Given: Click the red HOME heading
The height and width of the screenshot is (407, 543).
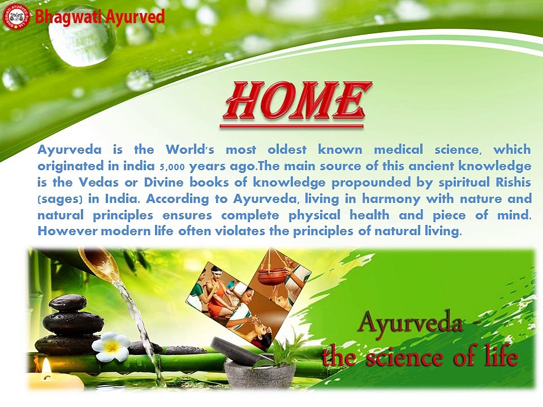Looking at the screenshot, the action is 297,101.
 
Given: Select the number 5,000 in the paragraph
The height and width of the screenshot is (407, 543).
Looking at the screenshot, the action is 172,167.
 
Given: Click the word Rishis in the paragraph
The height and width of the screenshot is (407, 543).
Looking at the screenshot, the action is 514,182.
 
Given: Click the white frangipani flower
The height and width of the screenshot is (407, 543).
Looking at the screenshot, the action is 110,346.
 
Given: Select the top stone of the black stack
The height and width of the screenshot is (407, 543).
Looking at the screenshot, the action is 68,303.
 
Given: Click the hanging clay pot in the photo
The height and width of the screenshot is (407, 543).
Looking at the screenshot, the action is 275,271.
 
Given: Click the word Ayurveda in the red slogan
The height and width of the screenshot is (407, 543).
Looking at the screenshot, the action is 410,323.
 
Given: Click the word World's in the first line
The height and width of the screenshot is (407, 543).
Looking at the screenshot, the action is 190,149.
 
